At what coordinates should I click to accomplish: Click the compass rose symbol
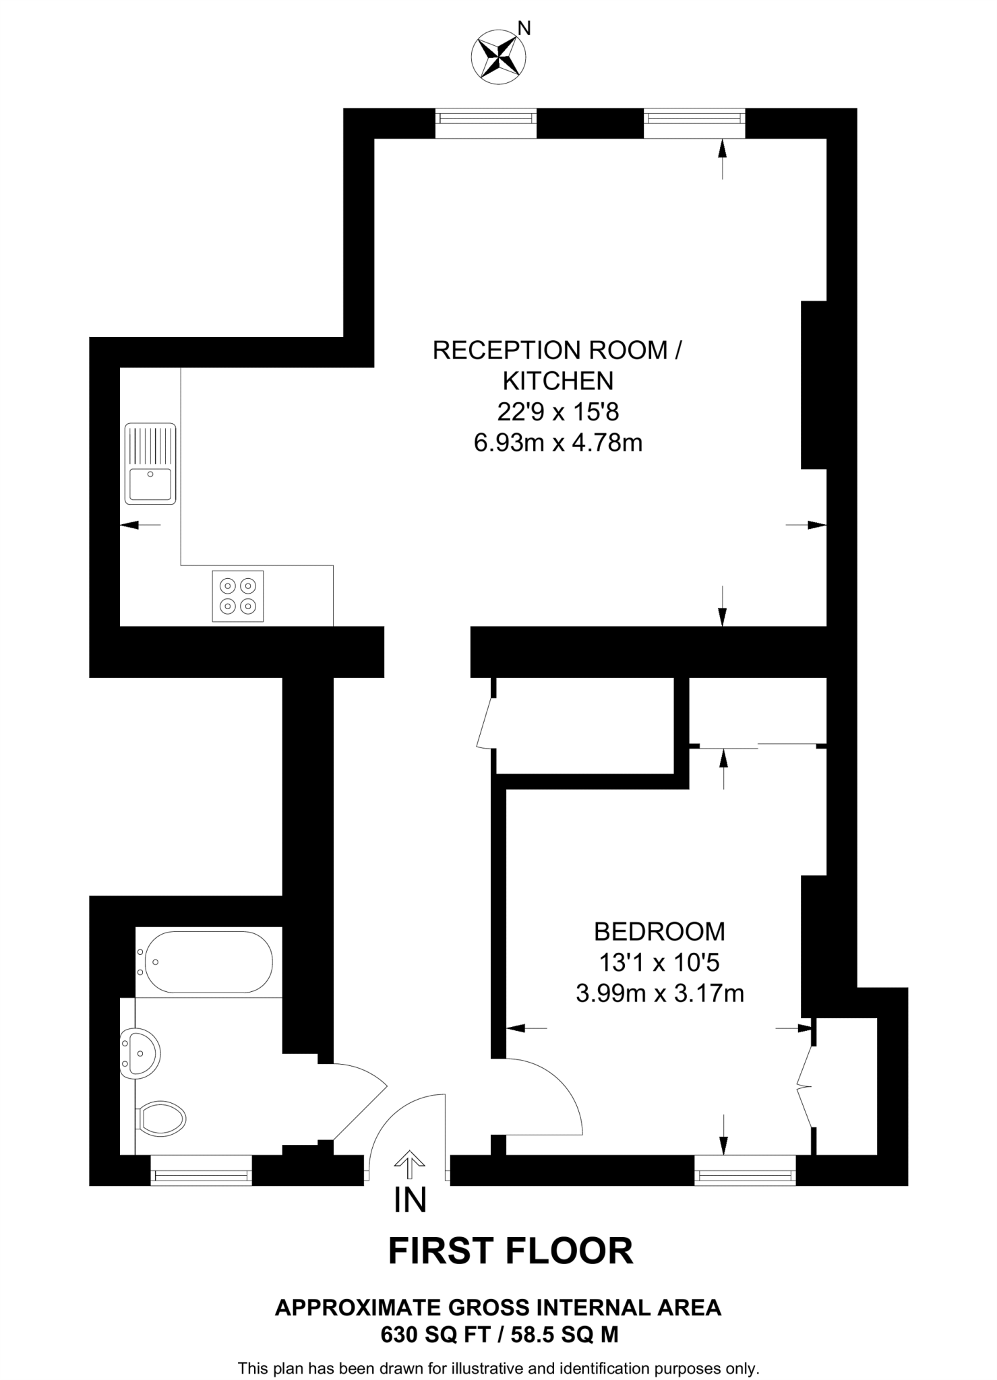[499, 58]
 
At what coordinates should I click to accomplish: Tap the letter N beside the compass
[524, 28]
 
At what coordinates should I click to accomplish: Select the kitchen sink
[150, 464]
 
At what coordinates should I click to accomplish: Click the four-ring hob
[238, 596]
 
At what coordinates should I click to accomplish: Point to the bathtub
[205, 962]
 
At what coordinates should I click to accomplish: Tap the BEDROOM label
[659, 931]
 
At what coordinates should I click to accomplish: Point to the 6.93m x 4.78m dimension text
[558, 443]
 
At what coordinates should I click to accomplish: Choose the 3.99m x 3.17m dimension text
[659, 993]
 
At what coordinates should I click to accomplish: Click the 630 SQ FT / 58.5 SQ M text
[499, 1334]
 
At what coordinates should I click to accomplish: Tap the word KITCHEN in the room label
[558, 381]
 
